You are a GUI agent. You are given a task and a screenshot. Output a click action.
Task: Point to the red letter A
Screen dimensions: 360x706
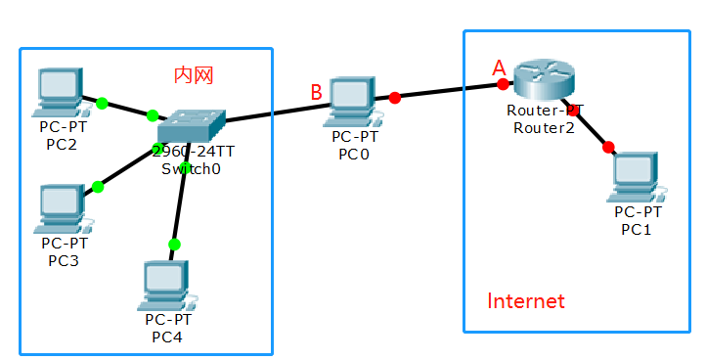click(499, 67)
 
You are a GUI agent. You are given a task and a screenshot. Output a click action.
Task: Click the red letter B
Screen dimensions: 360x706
click(316, 93)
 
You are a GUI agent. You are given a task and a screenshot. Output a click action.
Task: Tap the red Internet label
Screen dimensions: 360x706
click(526, 301)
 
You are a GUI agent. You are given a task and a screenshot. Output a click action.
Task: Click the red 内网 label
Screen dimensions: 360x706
click(193, 74)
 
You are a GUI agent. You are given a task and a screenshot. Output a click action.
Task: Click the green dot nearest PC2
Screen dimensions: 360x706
click(101, 102)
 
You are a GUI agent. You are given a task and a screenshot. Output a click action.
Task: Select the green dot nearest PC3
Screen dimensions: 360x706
click(97, 186)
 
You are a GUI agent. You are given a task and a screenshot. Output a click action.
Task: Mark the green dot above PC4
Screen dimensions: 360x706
click(174, 244)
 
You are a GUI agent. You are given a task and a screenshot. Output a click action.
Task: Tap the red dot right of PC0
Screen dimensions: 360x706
click(394, 98)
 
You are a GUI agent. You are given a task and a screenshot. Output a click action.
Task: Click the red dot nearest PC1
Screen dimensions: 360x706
click(608, 147)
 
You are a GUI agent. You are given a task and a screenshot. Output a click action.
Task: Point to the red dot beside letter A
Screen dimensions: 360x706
click(503, 84)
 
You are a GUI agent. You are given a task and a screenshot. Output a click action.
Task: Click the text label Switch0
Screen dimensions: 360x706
click(192, 168)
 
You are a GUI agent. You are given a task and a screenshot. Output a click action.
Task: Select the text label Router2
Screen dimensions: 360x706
click(545, 128)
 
